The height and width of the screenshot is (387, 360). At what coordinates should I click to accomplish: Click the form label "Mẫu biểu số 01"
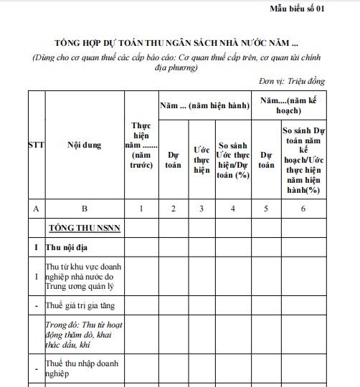coord(316,8)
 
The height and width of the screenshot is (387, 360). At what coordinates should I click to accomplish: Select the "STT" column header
coord(36,144)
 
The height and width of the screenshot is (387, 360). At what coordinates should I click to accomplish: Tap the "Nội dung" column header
coord(84,144)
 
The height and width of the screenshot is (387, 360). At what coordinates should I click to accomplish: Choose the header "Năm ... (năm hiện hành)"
coord(204,105)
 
